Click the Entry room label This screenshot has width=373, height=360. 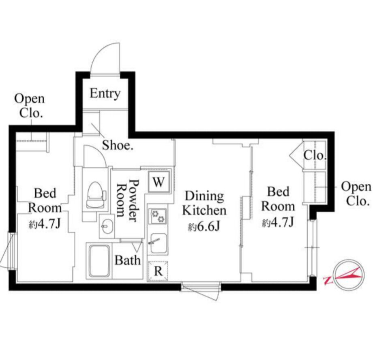105,94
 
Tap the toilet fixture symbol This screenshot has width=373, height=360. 96,195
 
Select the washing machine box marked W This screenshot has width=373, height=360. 159,182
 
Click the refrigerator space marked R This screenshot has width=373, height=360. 158,271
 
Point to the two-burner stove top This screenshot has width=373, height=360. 157,216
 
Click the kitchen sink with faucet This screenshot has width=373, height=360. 158,243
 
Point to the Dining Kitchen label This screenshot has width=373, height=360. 204,203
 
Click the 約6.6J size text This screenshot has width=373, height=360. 204,227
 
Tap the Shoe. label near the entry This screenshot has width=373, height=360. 118,145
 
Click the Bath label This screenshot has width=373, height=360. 128,260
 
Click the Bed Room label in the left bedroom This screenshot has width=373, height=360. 45,200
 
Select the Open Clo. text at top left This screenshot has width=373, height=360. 30,106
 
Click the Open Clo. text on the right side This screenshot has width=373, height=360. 356,194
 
